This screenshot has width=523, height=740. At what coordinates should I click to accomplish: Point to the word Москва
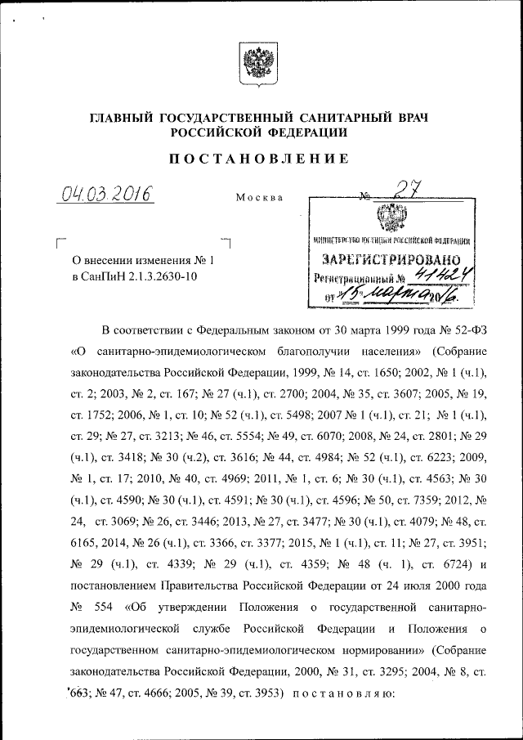coord(259,198)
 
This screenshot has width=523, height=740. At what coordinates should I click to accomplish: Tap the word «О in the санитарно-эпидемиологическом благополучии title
coord(79,352)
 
